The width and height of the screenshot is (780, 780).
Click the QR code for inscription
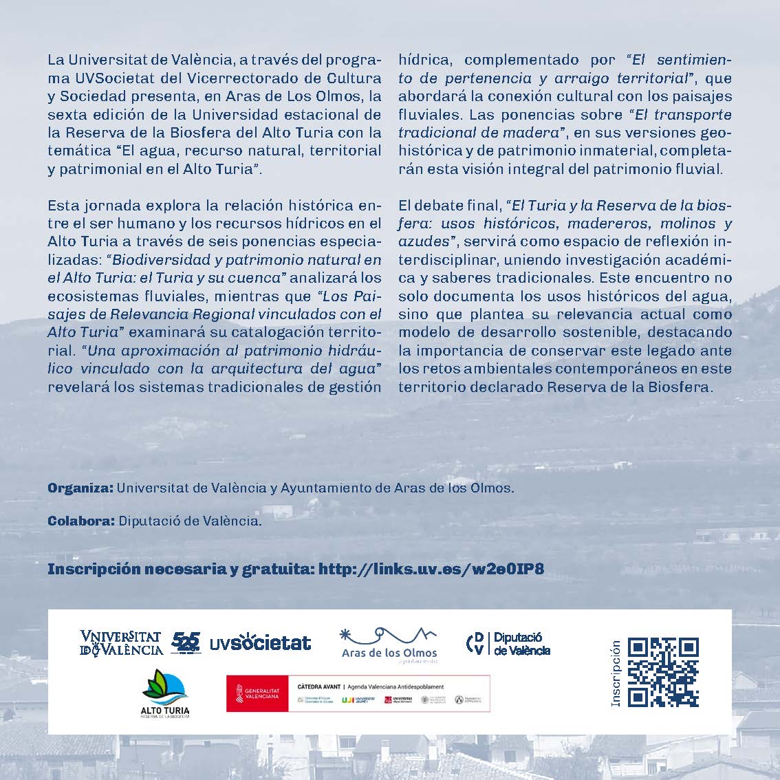(664, 673)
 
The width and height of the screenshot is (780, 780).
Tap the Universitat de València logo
(121, 643)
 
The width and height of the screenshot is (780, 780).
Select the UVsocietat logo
(260, 643)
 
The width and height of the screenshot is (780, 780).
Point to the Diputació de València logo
(508, 644)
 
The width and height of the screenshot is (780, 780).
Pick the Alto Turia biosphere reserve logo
(164, 693)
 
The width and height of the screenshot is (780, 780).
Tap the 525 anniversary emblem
(186, 642)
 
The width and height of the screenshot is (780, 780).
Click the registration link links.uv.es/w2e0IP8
(432, 569)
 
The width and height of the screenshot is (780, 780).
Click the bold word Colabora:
(81, 521)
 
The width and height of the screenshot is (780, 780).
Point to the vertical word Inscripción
(616, 673)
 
